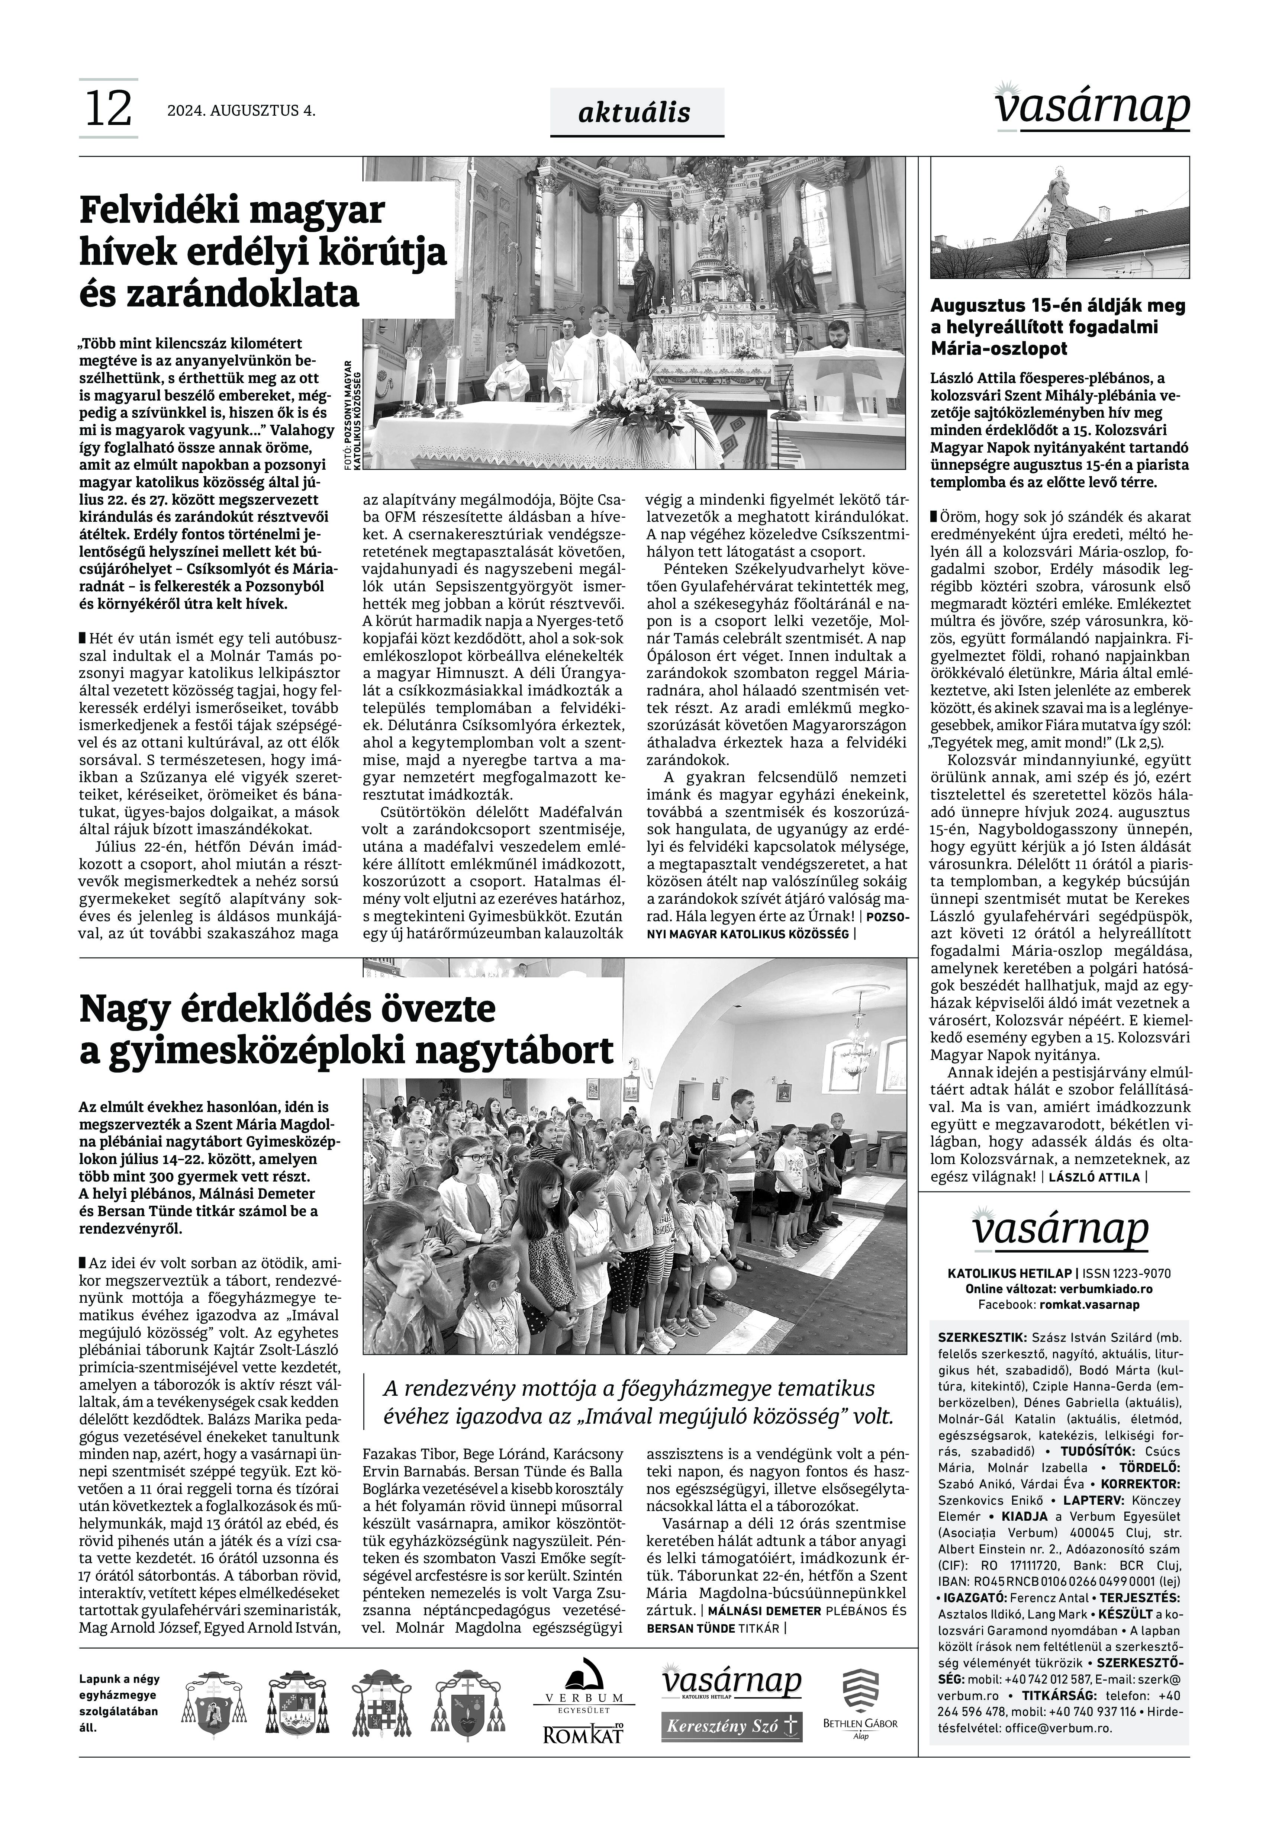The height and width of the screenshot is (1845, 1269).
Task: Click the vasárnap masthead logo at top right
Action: click(1093, 107)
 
